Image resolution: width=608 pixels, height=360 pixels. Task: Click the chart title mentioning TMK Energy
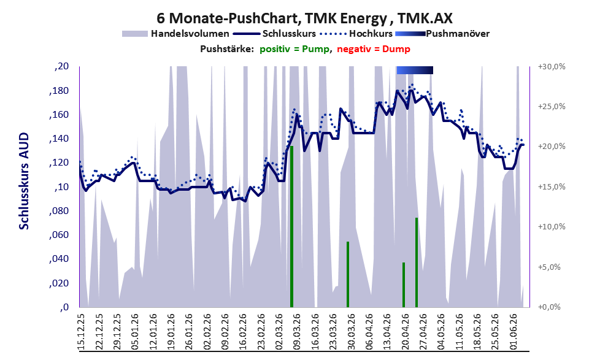[x=304, y=18]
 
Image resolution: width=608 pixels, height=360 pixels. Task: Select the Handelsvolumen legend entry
[x=175, y=34]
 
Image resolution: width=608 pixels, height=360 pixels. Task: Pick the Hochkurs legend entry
[x=356, y=34]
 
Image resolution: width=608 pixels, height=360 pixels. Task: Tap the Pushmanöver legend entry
[x=442, y=34]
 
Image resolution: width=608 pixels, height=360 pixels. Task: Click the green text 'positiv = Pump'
[x=294, y=49]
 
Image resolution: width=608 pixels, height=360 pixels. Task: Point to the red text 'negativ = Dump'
[x=374, y=49]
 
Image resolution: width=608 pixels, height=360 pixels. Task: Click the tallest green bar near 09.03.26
[x=291, y=227]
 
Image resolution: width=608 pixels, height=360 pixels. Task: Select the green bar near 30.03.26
[x=348, y=274]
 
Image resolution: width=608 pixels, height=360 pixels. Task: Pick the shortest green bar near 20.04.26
[x=404, y=285]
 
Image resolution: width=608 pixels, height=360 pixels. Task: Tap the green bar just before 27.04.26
[x=417, y=262]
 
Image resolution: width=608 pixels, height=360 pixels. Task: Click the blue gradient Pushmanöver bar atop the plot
[x=415, y=70]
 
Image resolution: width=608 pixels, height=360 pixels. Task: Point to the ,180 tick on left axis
[x=59, y=91]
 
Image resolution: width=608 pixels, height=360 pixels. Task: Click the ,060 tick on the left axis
[x=59, y=235]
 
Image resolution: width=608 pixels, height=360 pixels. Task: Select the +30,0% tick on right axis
[x=552, y=67]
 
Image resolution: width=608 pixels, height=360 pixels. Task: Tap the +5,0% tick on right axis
[x=549, y=267]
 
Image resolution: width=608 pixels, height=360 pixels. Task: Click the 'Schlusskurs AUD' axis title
[x=24, y=180]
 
